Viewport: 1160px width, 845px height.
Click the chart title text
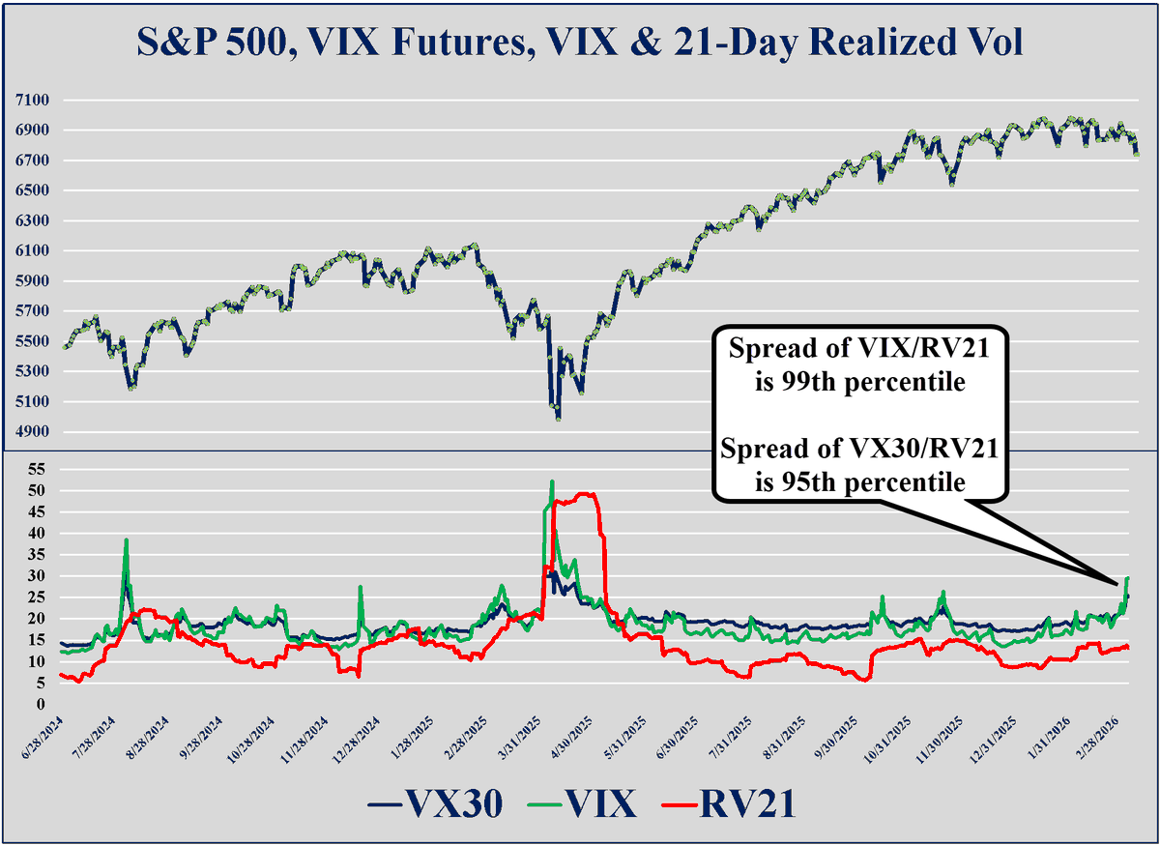580,44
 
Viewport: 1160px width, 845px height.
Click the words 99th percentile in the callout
860,382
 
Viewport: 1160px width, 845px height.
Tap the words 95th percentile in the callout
860,481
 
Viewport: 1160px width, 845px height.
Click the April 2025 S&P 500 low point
558,418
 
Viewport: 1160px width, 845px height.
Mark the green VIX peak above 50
552,481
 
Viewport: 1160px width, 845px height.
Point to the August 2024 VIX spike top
126,540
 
